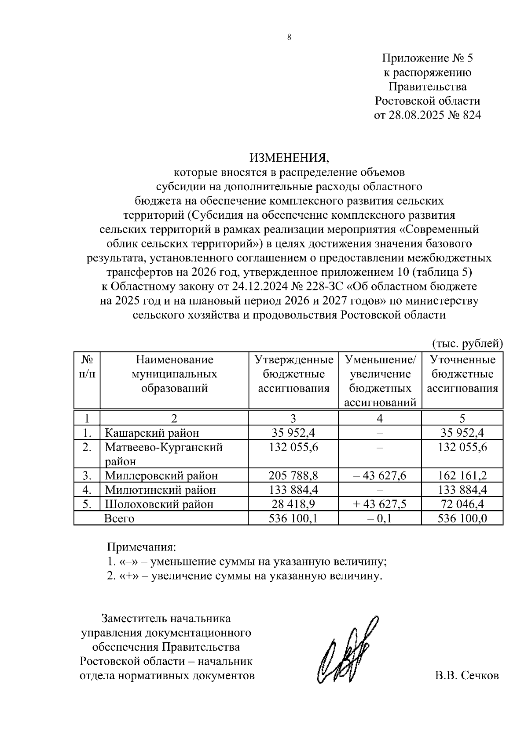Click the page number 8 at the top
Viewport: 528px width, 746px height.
(289, 37)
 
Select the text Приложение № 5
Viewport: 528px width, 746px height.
(427, 58)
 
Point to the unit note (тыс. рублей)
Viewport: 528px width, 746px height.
(467, 343)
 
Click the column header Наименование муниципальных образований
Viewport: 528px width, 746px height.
(174, 374)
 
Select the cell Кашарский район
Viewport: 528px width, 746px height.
(152, 433)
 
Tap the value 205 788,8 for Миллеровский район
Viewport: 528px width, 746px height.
(293, 475)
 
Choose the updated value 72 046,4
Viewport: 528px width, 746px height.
(462, 504)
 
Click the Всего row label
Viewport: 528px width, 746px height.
(119, 518)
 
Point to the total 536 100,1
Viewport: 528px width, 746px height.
(293, 518)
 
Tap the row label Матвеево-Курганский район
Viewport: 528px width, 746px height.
(164, 454)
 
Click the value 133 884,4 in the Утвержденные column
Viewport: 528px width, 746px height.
(293, 489)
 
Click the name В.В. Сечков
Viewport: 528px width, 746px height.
(466, 676)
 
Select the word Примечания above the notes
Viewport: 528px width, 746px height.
(141, 547)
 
